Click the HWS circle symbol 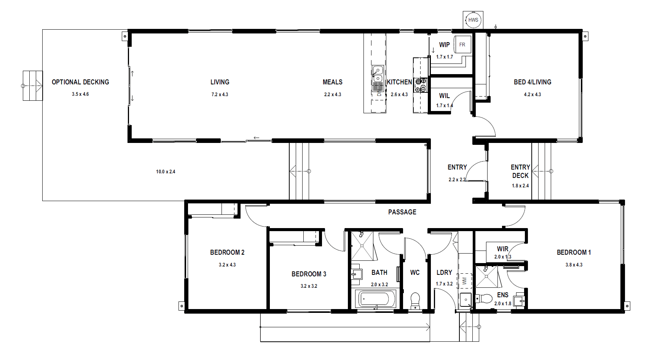pyautogui.click(x=473, y=20)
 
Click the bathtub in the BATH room pyautogui.click(x=375, y=300)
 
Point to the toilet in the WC pyautogui.click(x=415, y=300)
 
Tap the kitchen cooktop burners pyautogui.click(x=421, y=85)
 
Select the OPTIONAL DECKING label pyautogui.click(x=80, y=82)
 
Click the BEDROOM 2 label pyautogui.click(x=227, y=252)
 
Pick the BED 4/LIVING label pyautogui.click(x=532, y=82)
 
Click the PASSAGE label pyautogui.click(x=402, y=212)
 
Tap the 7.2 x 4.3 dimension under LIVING pyautogui.click(x=220, y=95)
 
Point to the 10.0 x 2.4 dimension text pyautogui.click(x=166, y=172)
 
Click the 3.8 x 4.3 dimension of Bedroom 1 pyautogui.click(x=574, y=265)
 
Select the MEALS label pyautogui.click(x=333, y=82)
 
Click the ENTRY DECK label pyautogui.click(x=520, y=171)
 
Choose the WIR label pyautogui.click(x=503, y=249)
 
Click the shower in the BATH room pyautogui.click(x=362, y=246)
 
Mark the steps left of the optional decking pyautogui.click(x=32, y=86)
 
